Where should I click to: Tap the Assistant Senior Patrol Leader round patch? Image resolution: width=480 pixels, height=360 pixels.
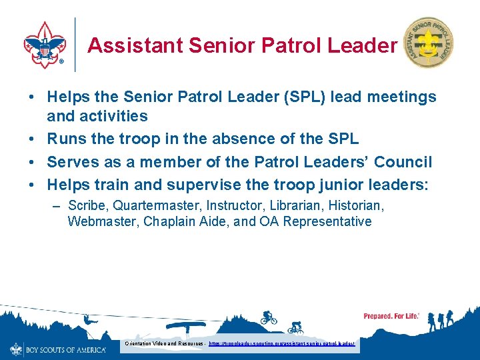coord(429,42)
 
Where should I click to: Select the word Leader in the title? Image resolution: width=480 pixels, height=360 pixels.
coord(363,45)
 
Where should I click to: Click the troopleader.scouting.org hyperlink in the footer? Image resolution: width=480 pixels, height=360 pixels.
coord(281,343)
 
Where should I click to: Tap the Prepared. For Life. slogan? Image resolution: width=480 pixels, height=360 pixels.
coord(391,316)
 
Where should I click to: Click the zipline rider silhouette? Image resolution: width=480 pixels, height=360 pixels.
coord(87,322)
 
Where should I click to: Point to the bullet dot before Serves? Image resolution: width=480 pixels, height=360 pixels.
coord(32,163)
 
